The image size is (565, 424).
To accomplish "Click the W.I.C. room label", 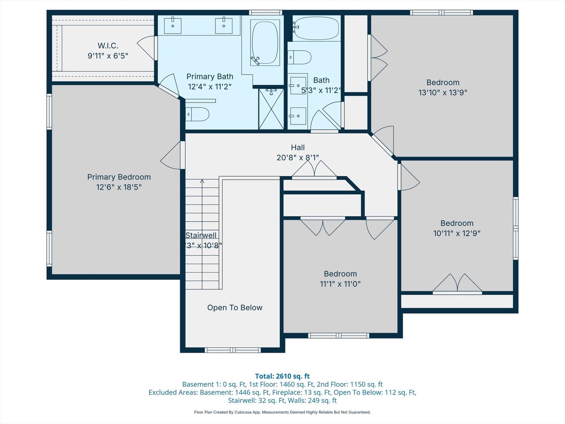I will coord(108,46).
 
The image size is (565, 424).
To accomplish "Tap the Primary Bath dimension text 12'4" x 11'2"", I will coord(210,87).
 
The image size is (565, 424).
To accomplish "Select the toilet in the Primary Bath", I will coord(197,114).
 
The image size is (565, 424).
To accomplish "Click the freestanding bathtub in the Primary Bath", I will coord(265,43).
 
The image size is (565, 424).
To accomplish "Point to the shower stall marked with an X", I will coord(271,110).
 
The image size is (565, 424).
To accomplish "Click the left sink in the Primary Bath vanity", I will coord(173,26).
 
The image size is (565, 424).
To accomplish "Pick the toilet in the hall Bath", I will coord(300,57).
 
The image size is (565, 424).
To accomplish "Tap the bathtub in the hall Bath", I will coord(317,28).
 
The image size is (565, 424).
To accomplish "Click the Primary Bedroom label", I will coord(119,177).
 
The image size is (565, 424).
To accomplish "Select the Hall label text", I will coord(298,148).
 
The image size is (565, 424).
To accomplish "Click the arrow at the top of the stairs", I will coord(202,181).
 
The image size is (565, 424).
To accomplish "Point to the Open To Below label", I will coord(235,308).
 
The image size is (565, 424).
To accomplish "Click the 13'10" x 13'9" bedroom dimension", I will coord(443,93).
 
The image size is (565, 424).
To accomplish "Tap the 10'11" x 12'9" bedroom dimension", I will coord(457,233).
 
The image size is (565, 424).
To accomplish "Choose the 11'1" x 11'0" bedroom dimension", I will coord(340,284).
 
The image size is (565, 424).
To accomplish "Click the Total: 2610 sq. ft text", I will coord(282,376).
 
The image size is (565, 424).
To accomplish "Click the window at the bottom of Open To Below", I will coord(233,350).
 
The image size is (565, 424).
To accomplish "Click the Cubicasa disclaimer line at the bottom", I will coord(282,412).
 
